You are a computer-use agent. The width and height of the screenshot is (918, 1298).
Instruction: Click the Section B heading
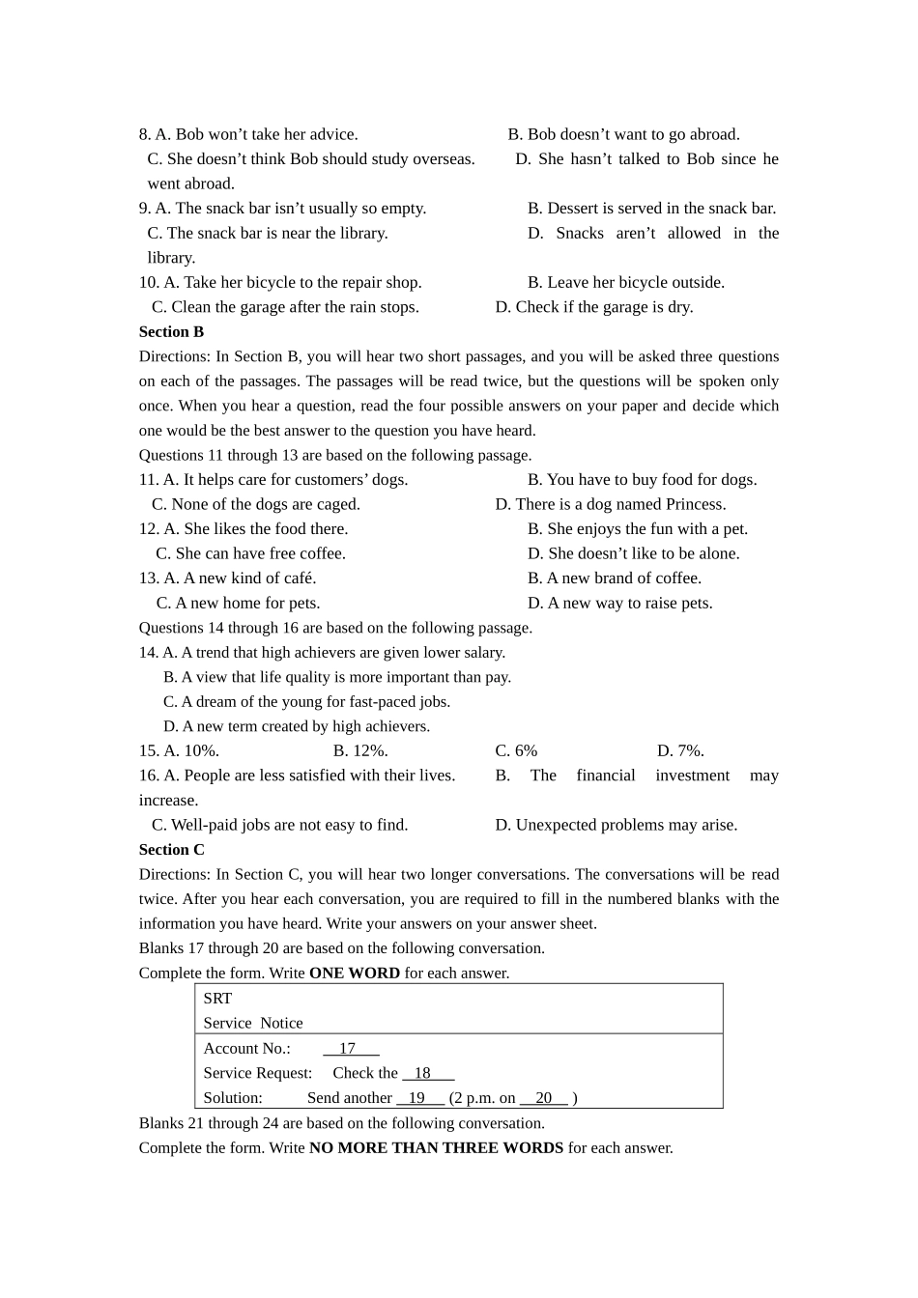[171, 332]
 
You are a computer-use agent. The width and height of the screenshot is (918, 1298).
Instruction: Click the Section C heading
[171, 850]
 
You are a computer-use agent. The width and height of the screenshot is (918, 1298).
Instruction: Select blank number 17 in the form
[349, 1049]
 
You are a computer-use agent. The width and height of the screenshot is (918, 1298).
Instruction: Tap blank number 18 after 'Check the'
[426, 1074]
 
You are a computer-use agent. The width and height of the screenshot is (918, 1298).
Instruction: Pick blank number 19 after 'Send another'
[418, 1098]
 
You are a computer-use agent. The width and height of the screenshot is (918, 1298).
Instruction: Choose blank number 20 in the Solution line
[544, 1098]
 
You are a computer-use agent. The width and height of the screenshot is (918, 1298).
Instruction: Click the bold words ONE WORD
[354, 973]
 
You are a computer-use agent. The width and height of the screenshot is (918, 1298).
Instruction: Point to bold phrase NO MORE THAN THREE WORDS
[436, 1148]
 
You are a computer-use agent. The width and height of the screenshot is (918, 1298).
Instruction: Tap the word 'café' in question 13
[296, 578]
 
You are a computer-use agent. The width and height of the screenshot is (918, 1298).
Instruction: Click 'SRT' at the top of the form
[217, 999]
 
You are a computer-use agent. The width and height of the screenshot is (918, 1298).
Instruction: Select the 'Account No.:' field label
[246, 1049]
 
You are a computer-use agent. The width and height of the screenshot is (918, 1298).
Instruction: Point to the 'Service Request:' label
[257, 1074]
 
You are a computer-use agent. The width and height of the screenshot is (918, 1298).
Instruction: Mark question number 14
[148, 653]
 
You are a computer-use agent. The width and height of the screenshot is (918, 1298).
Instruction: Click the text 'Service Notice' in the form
[252, 1024]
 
